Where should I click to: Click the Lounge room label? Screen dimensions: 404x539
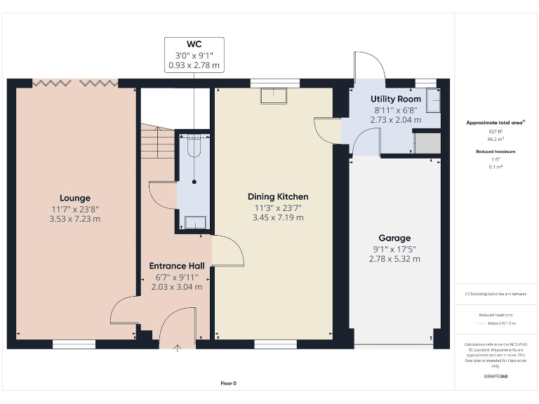click(75, 198)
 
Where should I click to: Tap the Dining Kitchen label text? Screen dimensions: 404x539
click(278, 196)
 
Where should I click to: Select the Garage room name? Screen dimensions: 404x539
click(394, 238)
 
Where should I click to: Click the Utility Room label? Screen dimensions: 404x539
click(396, 100)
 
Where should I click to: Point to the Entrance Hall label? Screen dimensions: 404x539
click(177, 266)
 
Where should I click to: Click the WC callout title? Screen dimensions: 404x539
click(194, 43)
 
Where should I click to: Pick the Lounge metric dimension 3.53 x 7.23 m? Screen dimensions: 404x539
click(75, 219)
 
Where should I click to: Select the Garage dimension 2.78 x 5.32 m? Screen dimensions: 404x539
click(394, 259)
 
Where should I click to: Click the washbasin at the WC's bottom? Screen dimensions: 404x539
click(194, 222)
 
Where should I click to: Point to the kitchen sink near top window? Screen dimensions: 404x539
click(273, 95)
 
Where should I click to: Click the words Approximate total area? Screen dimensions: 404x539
click(495, 123)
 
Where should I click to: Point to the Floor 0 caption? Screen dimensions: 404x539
click(229, 384)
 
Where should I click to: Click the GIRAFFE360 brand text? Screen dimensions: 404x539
click(495, 377)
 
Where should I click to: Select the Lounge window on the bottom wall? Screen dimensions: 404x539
click(74, 344)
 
